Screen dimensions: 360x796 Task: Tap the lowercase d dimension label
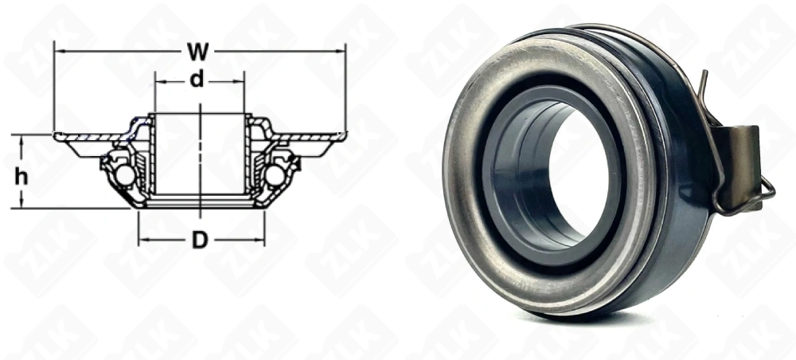(198, 80)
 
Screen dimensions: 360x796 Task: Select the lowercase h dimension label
(21, 177)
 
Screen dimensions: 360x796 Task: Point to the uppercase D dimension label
(200, 240)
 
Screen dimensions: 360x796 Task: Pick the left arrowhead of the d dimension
(158, 81)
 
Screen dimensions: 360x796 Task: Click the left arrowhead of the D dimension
(142, 240)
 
